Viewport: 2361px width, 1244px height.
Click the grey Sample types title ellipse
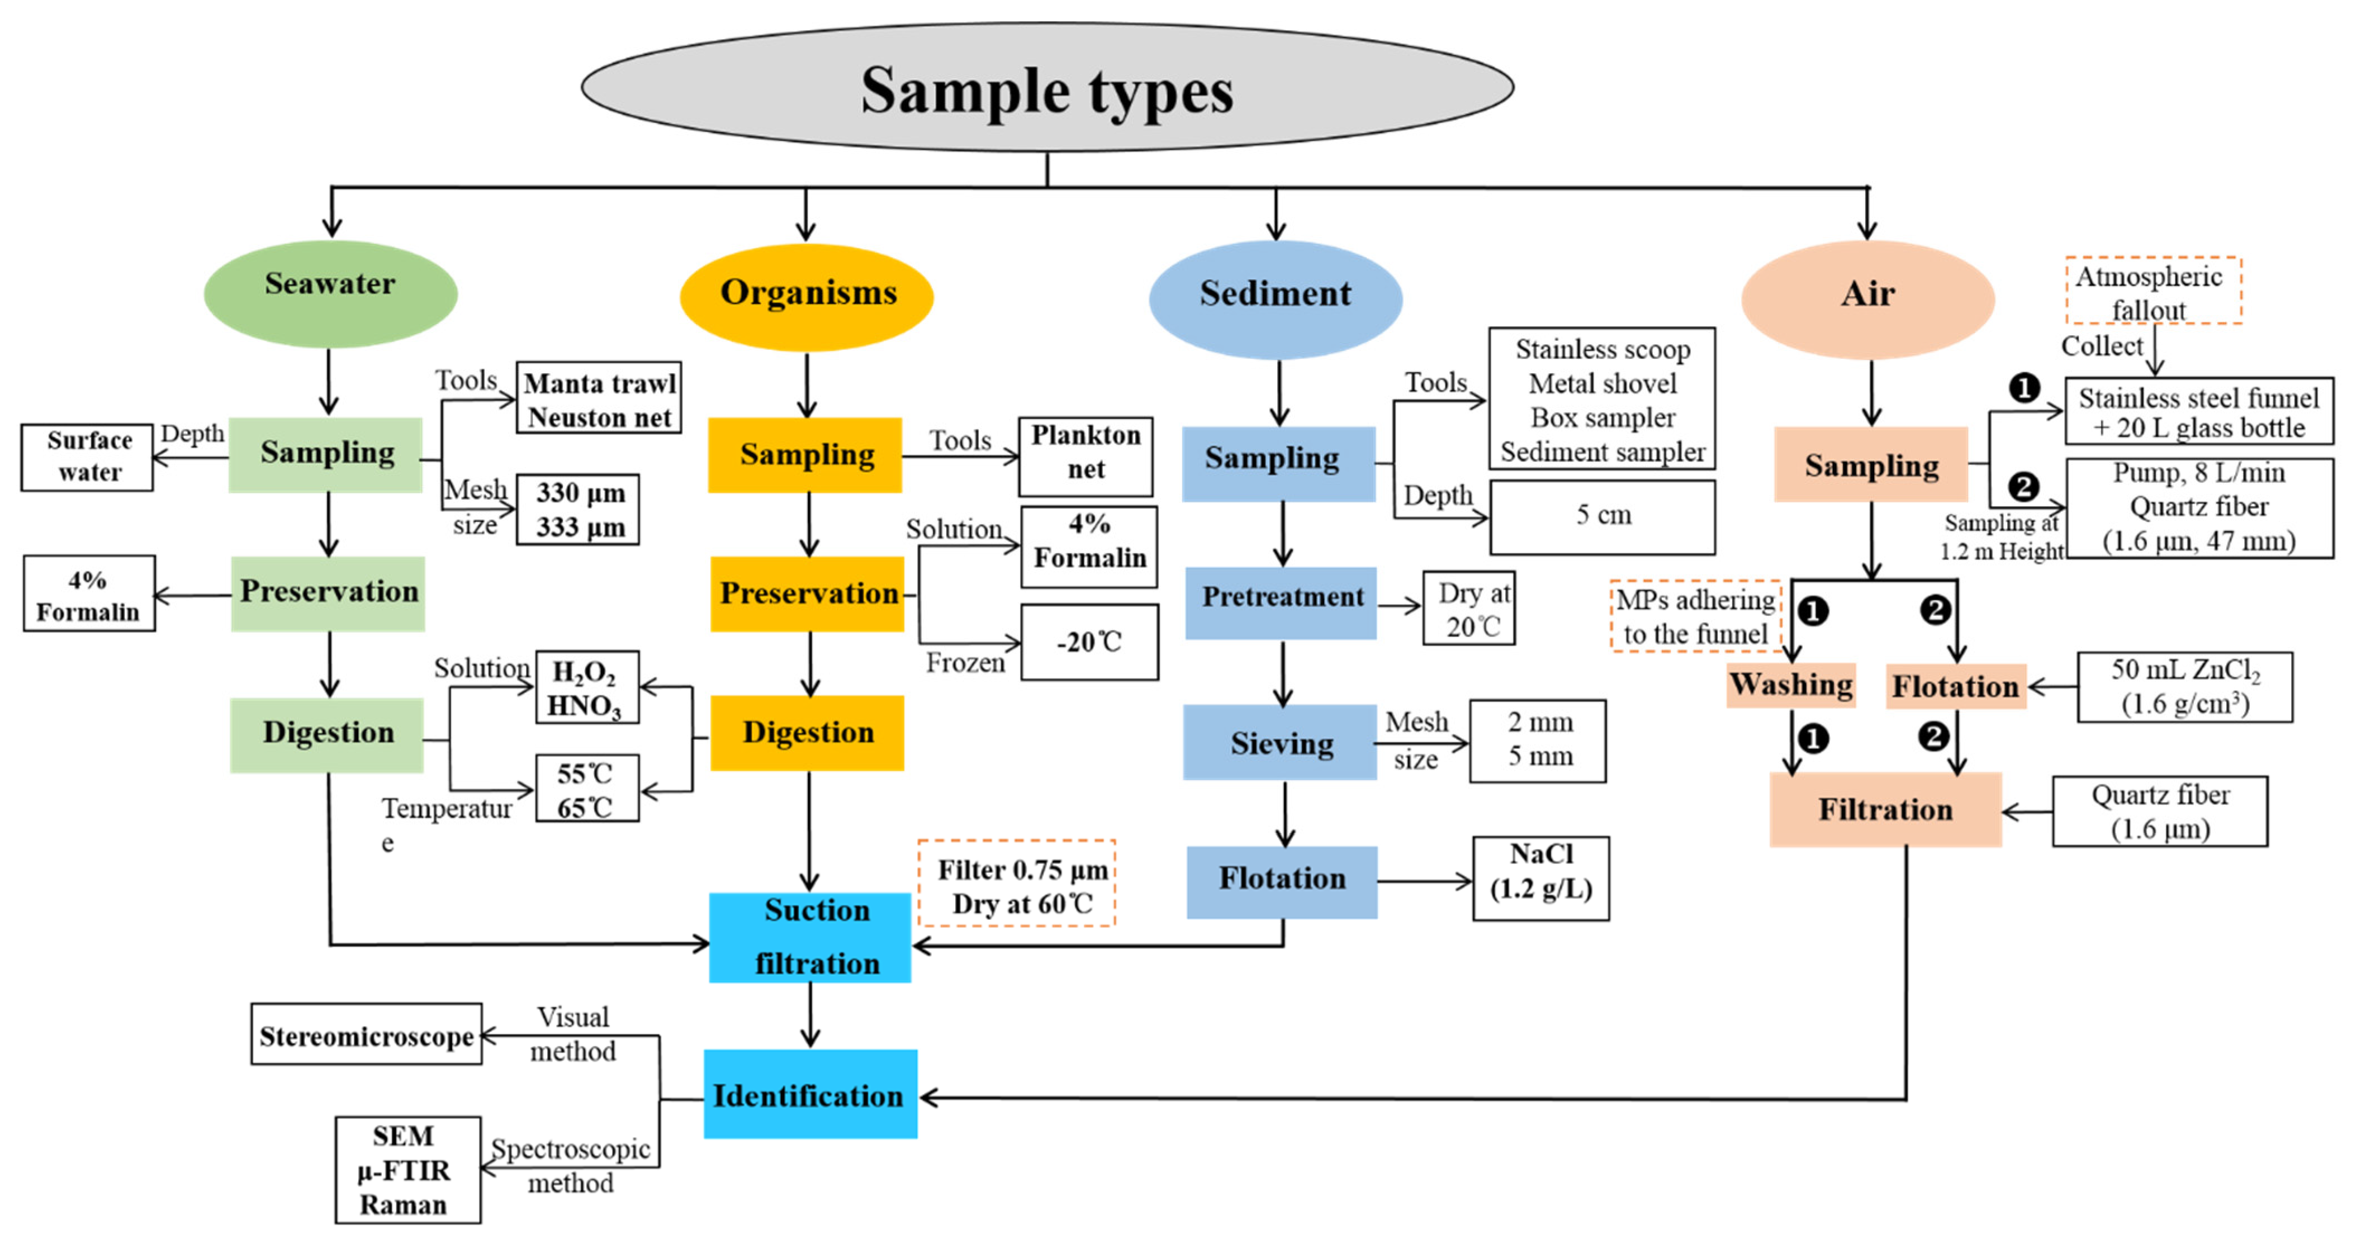1047,89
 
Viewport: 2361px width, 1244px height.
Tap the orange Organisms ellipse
807,296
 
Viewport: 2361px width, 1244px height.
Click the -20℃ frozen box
1089,641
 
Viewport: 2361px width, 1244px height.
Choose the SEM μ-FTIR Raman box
407,1169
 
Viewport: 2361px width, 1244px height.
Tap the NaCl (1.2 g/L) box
1540,877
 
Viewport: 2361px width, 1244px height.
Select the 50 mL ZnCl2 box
2184,687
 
